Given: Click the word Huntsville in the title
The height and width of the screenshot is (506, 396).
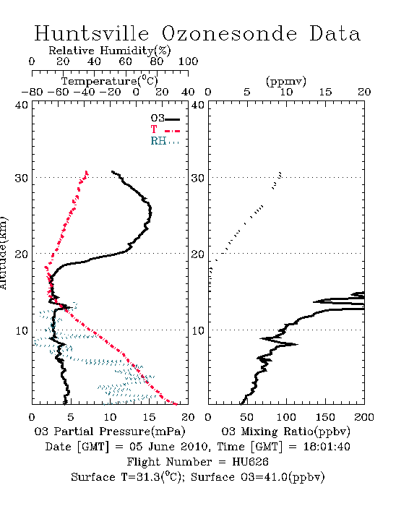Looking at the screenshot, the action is [x=92, y=33].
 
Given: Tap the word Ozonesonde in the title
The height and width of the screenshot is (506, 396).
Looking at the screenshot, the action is [x=228, y=33].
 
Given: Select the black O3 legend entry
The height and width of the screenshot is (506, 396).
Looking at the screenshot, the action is [x=165, y=119].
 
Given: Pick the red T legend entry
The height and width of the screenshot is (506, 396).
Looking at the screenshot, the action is [x=165, y=129].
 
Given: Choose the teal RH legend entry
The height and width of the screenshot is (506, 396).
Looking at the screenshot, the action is [x=165, y=141].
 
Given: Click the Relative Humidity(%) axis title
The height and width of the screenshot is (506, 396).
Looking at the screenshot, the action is [x=110, y=51].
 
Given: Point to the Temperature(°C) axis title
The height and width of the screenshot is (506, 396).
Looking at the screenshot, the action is [x=110, y=81].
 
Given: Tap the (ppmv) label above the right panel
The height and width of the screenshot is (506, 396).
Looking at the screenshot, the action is [x=286, y=81].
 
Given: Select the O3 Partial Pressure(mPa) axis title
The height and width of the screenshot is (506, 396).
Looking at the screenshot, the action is [x=110, y=432].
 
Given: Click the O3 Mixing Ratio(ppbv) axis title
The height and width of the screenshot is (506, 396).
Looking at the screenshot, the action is [x=285, y=432].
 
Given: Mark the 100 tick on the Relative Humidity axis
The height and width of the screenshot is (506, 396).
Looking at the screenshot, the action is [x=189, y=61].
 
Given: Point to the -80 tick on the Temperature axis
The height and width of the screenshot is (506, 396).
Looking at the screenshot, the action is [x=32, y=92].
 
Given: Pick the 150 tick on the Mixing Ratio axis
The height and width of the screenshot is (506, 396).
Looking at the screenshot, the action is [x=325, y=417].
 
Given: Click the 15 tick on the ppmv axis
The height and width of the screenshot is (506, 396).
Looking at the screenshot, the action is [x=325, y=92].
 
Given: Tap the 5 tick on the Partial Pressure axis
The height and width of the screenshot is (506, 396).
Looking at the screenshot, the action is [x=71, y=417].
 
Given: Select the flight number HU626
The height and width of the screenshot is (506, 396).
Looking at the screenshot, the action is [x=250, y=462].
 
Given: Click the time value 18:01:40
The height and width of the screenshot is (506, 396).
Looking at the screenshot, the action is [x=327, y=447].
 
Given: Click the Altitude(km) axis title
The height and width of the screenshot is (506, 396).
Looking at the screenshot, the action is [x=3, y=254].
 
